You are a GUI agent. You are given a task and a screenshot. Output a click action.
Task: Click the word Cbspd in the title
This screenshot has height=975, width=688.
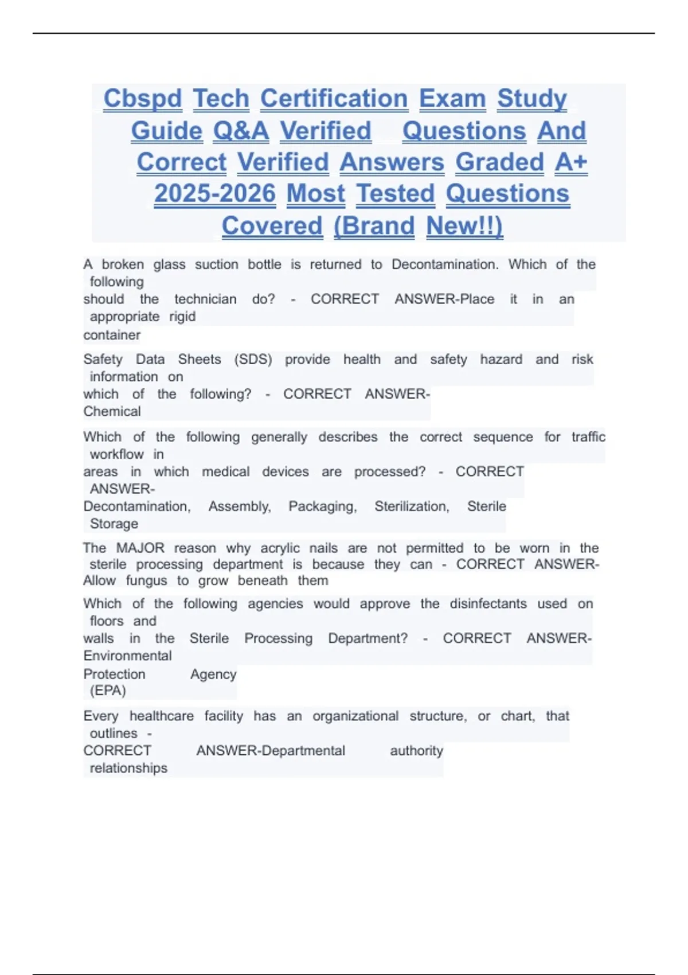tap(143, 99)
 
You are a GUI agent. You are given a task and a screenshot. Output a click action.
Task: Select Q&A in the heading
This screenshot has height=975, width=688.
tap(241, 131)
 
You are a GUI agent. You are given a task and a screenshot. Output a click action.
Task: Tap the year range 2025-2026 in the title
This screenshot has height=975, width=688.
tap(214, 193)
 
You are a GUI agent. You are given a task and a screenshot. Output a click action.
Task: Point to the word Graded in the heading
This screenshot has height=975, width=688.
tap(499, 162)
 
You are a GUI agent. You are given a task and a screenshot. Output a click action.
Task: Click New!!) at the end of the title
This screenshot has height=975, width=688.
tap(464, 225)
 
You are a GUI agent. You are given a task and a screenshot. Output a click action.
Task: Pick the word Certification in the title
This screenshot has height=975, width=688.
tap(334, 99)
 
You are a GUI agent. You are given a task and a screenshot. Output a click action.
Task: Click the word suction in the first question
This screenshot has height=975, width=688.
tap(216, 264)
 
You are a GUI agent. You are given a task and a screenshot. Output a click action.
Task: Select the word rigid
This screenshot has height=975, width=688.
tap(182, 317)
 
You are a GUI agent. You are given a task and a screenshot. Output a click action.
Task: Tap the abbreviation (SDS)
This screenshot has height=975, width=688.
tap(253, 360)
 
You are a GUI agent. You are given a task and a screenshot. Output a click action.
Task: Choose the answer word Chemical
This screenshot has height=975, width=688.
tap(112, 411)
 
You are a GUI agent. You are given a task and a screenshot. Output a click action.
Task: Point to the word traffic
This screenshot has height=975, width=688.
tap(588, 437)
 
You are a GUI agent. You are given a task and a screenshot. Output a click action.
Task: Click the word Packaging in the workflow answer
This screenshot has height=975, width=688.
tap(322, 506)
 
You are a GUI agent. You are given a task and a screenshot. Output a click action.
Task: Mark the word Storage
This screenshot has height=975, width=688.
tap(114, 524)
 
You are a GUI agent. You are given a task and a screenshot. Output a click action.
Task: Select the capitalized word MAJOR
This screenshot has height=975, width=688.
tap(140, 548)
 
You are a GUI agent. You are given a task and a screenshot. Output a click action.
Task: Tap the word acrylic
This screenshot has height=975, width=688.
tap(280, 548)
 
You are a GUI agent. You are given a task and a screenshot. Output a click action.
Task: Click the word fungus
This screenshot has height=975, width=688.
tap(146, 580)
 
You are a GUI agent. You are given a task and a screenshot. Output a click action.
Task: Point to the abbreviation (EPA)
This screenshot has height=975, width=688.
tap(108, 691)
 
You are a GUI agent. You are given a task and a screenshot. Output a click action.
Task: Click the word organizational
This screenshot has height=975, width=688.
tap(355, 716)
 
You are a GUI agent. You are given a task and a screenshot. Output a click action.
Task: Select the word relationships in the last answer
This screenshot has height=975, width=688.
tap(128, 768)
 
